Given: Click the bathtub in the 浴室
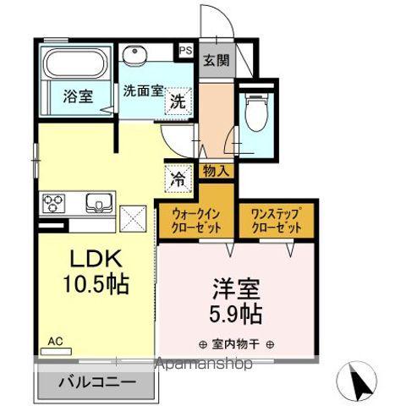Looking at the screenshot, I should [75, 63].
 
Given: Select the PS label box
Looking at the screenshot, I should [185, 51].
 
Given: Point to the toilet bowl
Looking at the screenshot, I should [255, 113].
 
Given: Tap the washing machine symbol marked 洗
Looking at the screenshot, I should [177, 101].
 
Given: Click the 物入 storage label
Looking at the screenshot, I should [217, 171].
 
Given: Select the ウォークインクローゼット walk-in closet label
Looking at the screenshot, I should [196, 222].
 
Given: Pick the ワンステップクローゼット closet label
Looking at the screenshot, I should [277, 222].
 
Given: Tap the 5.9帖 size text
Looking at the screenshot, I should [236, 315].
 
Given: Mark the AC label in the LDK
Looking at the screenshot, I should [56, 340].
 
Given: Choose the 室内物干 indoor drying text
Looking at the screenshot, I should [236, 345].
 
